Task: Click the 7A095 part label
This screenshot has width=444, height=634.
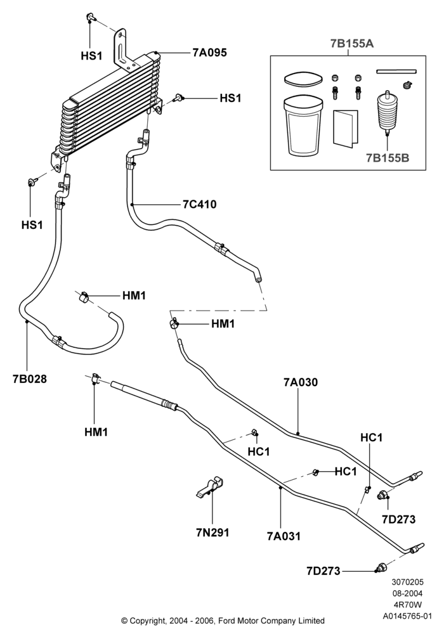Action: tap(210, 53)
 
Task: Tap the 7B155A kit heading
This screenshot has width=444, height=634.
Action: tap(352, 44)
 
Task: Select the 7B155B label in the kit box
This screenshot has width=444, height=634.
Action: tap(388, 158)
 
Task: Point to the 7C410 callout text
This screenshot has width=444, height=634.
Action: tap(200, 205)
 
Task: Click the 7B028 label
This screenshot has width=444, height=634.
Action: tap(30, 379)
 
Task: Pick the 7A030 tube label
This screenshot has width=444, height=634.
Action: tap(301, 382)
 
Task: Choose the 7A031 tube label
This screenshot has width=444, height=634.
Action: tap(284, 536)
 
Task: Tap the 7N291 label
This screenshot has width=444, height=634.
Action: tap(212, 533)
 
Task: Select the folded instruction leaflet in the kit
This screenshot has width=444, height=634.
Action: tap(345, 127)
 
